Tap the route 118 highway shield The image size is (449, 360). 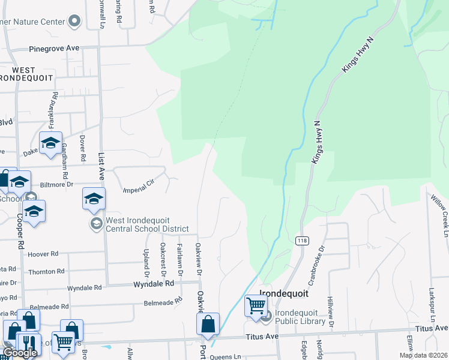pyautogui.click(x=301, y=240)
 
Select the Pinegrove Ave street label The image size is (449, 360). pyautogui.click(x=55, y=49)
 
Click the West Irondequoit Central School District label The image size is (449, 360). pyautogui.click(x=148, y=224)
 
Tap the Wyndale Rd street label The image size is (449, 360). pyautogui.click(x=154, y=284)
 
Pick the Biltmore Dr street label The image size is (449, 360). pyautogui.click(x=56, y=185)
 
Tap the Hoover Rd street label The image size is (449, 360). pyautogui.click(x=43, y=254)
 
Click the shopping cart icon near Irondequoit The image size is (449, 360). pyautogui.click(x=256, y=305)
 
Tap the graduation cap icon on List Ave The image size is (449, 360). pyautogui.click(x=94, y=199)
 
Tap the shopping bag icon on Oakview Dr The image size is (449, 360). pyautogui.click(x=208, y=324)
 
